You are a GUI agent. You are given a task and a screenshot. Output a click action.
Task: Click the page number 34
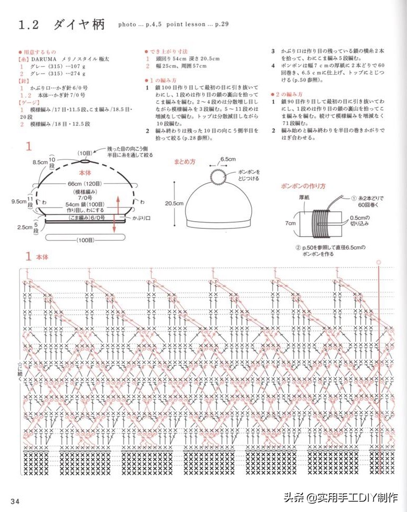click(x=14, y=501)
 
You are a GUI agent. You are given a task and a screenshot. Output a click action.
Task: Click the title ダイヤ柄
click(x=79, y=24)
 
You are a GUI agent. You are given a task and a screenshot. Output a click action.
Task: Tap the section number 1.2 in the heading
click(x=30, y=25)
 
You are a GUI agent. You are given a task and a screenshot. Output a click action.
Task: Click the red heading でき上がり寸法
click(x=165, y=52)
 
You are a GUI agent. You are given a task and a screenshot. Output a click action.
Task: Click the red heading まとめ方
click(x=184, y=162)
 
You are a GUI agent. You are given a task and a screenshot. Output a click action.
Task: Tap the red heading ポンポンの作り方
click(x=303, y=186)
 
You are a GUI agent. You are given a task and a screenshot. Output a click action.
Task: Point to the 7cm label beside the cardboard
click(x=290, y=223)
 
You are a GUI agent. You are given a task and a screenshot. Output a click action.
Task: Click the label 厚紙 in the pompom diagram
click(x=305, y=198)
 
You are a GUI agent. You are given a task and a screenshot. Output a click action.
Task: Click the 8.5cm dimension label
click(x=40, y=162)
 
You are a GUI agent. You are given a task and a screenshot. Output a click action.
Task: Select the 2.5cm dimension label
click(x=24, y=227)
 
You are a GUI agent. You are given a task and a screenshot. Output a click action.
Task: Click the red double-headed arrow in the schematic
click(x=117, y=214)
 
